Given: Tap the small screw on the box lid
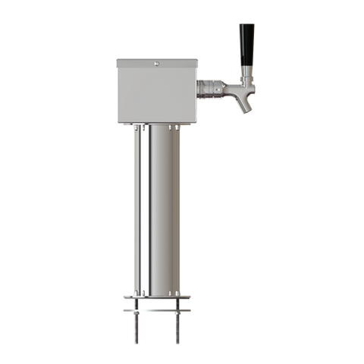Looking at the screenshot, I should point(155,64).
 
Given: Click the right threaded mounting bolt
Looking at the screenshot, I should point(178,327).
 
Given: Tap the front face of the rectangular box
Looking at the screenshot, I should point(155,95).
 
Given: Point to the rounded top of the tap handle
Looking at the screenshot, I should point(244,24).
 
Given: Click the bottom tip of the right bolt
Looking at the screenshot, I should point(178,344).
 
